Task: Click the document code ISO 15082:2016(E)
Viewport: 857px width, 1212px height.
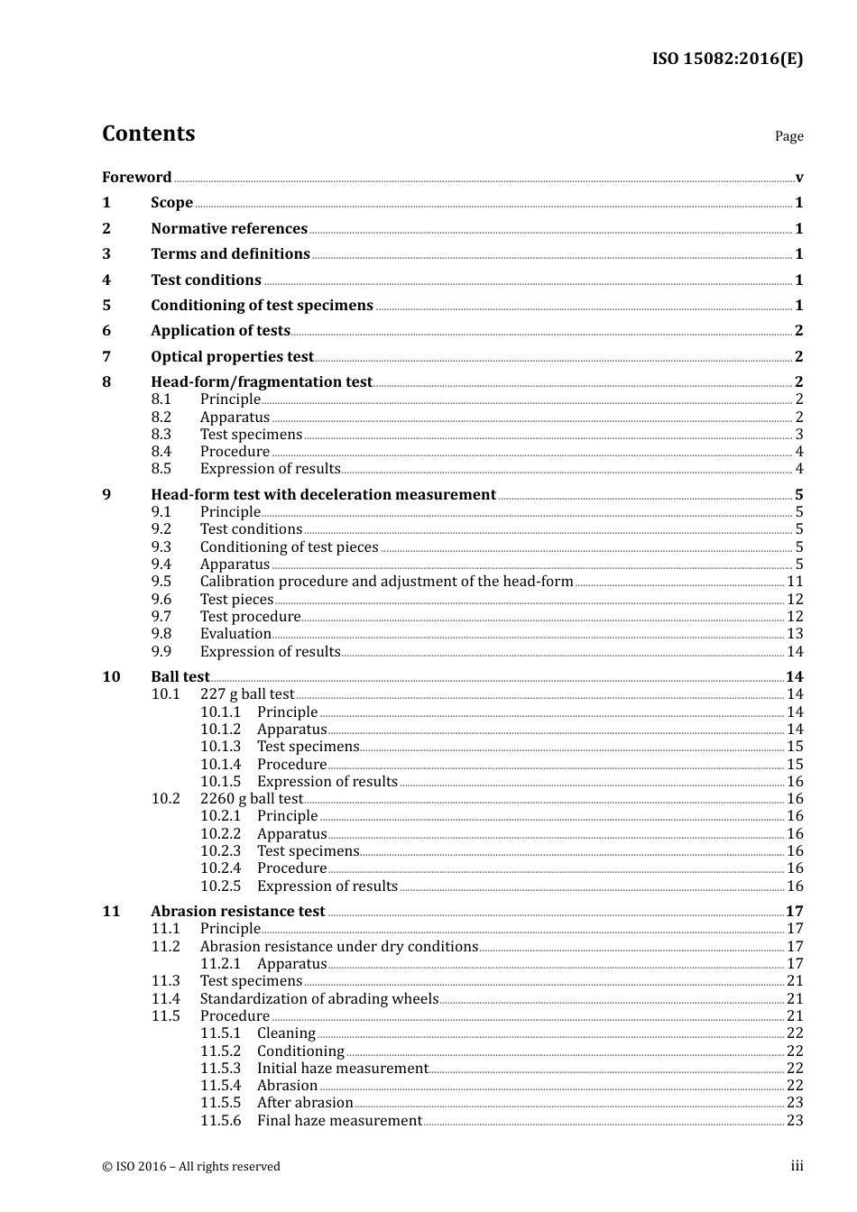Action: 727,60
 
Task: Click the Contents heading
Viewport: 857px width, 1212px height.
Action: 148,133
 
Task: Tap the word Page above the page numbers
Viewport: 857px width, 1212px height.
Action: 788,136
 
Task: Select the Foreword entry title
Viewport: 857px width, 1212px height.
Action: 136,178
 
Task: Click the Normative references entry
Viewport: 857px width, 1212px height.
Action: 229,229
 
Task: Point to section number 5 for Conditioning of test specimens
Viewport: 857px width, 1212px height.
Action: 106,306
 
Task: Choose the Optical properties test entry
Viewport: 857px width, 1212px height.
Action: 232,357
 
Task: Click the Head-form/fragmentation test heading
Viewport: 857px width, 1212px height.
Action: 261,382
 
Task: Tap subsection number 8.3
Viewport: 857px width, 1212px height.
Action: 161,435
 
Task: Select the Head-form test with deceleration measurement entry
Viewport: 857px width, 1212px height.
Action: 323,495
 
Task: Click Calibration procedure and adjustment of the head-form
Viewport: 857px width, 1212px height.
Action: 386,582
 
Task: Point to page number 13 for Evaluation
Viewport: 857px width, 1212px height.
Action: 794,634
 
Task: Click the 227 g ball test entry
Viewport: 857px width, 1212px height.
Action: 246,694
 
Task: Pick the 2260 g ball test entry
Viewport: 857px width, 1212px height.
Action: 251,799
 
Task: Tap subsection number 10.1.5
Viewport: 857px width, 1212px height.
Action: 220,782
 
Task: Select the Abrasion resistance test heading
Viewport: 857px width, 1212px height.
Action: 237,912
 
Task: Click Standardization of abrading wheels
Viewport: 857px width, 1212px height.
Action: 318,999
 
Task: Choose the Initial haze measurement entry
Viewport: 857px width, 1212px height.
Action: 342,1069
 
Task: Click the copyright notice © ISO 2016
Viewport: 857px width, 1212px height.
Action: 190,1167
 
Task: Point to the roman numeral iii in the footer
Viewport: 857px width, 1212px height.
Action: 797,1166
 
